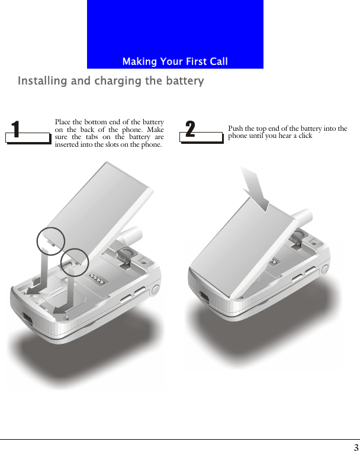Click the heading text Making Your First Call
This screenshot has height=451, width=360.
(175, 62)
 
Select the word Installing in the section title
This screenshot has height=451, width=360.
(42, 81)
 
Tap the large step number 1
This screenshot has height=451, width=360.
(15, 129)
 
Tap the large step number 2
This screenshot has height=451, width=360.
(190, 129)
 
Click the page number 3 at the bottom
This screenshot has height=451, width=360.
(356, 447)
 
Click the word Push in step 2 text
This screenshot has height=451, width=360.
(236, 128)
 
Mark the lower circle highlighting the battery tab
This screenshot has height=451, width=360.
(73, 262)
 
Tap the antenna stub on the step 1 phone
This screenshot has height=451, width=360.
(131, 236)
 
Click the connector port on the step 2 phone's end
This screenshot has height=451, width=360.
(204, 297)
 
